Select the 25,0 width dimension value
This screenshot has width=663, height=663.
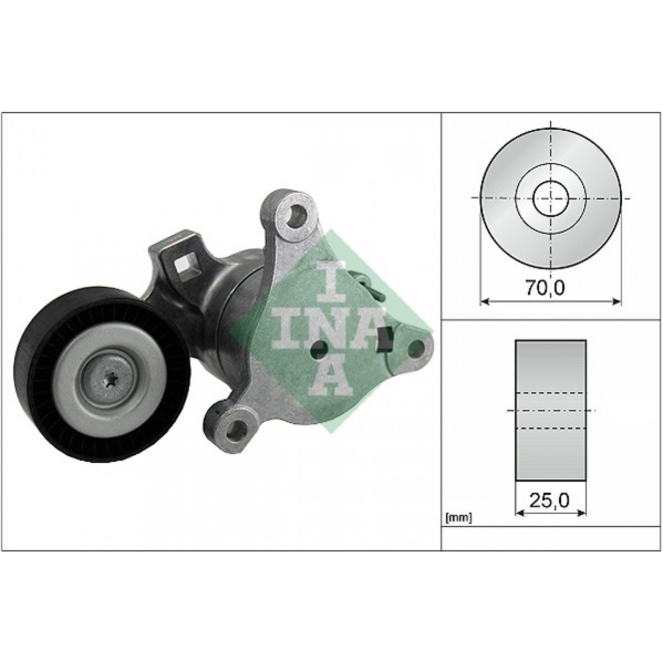[x=549, y=500]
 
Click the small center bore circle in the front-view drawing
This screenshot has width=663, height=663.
[x=550, y=198]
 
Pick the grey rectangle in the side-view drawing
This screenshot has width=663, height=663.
[x=551, y=410]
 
